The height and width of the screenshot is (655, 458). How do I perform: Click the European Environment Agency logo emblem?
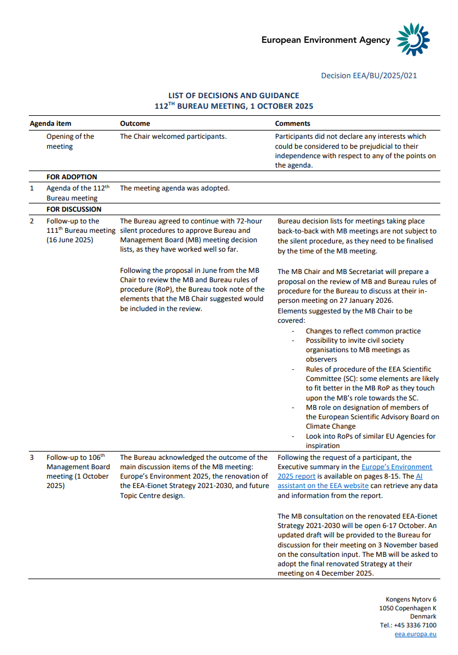(414, 40)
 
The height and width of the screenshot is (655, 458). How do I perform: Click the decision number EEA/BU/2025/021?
(369, 76)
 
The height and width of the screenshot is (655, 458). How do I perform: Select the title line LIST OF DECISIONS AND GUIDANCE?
(234, 95)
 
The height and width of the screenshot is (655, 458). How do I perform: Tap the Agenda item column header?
(51, 124)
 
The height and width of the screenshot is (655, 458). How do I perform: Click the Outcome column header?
(135, 124)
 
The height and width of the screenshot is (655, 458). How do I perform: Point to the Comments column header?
(293, 124)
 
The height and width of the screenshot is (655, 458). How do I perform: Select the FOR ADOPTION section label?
(72, 177)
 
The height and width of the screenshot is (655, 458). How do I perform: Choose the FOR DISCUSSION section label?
(74, 209)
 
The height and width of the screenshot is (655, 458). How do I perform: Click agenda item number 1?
(32, 189)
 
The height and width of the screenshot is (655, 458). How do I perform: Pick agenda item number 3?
(32, 457)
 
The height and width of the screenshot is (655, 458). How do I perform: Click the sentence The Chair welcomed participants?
(173, 137)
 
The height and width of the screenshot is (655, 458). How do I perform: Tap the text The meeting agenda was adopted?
(174, 189)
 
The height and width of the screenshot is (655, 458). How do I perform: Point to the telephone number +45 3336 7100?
(408, 626)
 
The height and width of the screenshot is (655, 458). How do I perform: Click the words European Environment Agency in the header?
(326, 40)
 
